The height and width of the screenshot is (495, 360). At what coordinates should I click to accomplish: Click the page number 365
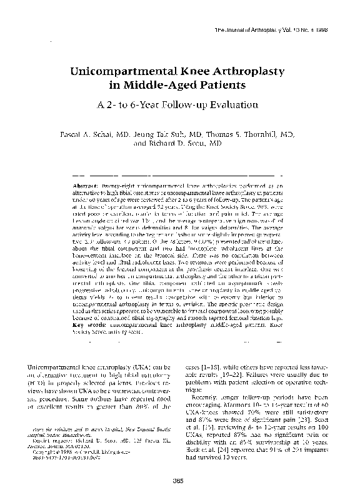tap(180, 479)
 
